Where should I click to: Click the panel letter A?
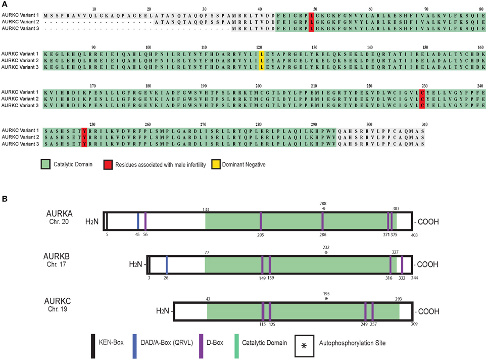5,4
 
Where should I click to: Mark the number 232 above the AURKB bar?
326,247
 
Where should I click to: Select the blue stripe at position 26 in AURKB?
166,264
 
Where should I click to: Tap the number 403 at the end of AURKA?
414,235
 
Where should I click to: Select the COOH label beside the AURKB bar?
427,264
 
